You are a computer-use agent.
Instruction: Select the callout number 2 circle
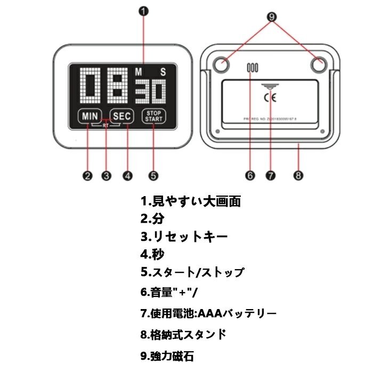coord(87,175)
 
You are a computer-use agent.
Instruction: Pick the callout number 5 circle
coord(153,175)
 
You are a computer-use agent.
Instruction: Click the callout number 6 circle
coord(250,175)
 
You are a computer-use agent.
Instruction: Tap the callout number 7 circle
coord(271,175)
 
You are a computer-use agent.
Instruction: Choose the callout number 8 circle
coord(298,175)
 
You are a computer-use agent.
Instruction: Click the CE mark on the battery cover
coord(270,97)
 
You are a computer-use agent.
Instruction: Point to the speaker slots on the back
coord(252,68)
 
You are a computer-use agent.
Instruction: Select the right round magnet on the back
coord(319,65)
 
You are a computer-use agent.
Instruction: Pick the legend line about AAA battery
coord(208,313)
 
